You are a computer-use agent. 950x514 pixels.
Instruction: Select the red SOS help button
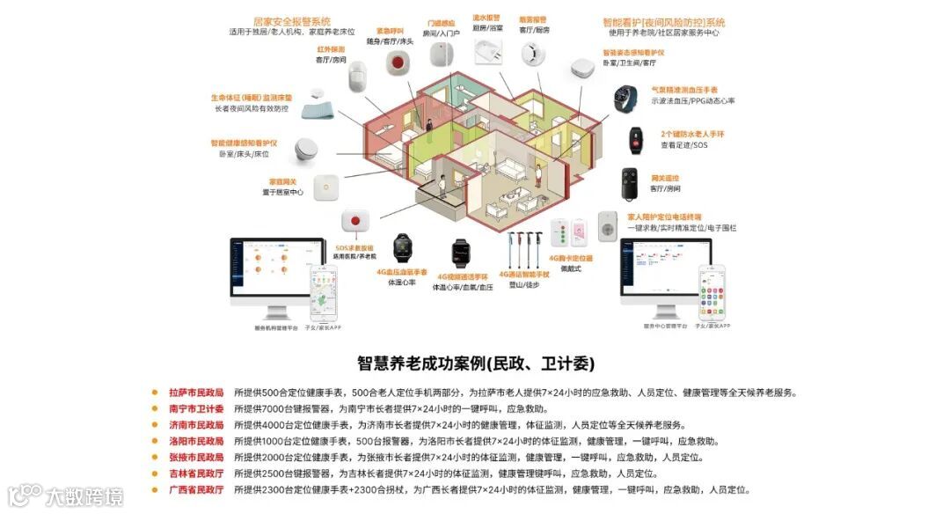click(x=354, y=222)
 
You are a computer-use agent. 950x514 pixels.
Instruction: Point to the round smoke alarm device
click(x=533, y=54)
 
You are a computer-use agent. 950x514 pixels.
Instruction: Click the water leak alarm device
click(x=486, y=54)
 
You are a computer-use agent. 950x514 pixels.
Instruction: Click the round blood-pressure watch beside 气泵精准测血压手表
click(x=627, y=97)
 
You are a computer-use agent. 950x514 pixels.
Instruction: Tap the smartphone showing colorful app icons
click(x=712, y=293)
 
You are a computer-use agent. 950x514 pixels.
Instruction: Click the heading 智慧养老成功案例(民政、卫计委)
click(x=475, y=363)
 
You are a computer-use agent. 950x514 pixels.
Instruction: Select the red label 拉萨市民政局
click(x=196, y=393)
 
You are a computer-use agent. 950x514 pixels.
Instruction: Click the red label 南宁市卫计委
click(x=196, y=409)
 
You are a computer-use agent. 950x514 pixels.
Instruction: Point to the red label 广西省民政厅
click(x=196, y=489)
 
